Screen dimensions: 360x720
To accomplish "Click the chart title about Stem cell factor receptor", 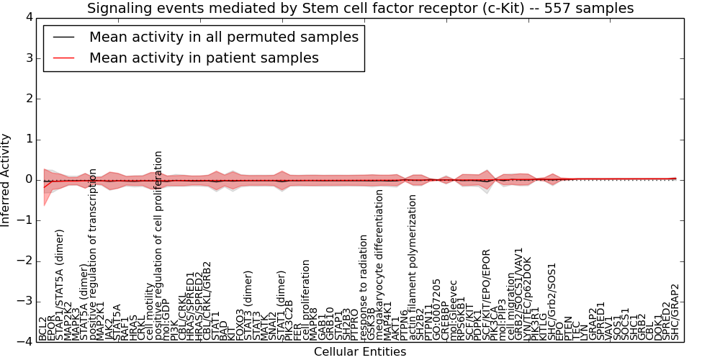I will point(360,8).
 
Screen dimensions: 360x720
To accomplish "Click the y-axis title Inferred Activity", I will point(6,179).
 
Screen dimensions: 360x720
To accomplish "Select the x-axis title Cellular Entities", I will point(360,352).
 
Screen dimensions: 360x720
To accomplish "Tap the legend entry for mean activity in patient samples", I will point(204,58).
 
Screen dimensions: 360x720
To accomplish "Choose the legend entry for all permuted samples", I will point(223,37).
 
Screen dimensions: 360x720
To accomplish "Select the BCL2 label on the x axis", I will point(43,328).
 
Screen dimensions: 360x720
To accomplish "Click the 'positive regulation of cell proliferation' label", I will point(160,246).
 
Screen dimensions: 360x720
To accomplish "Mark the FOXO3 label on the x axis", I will point(239,322).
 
